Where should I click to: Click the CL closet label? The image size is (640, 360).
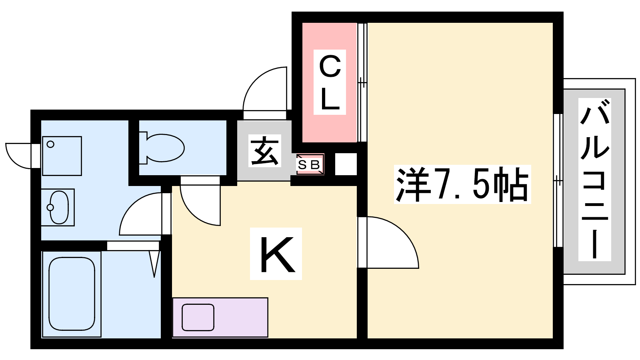330,82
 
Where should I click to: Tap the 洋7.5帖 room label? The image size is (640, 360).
462,184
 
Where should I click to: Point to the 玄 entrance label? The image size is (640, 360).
264,150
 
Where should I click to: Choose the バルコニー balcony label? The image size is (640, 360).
594,180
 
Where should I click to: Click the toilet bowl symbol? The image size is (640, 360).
162,148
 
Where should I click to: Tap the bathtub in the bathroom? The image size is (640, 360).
72,294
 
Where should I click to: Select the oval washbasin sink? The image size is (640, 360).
59,207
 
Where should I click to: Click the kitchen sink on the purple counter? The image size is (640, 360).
198,318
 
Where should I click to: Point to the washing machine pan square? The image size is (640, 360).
62,156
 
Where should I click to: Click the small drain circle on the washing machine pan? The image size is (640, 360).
50,144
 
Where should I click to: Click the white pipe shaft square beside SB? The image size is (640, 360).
346,164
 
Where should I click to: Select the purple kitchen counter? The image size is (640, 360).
220,318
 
